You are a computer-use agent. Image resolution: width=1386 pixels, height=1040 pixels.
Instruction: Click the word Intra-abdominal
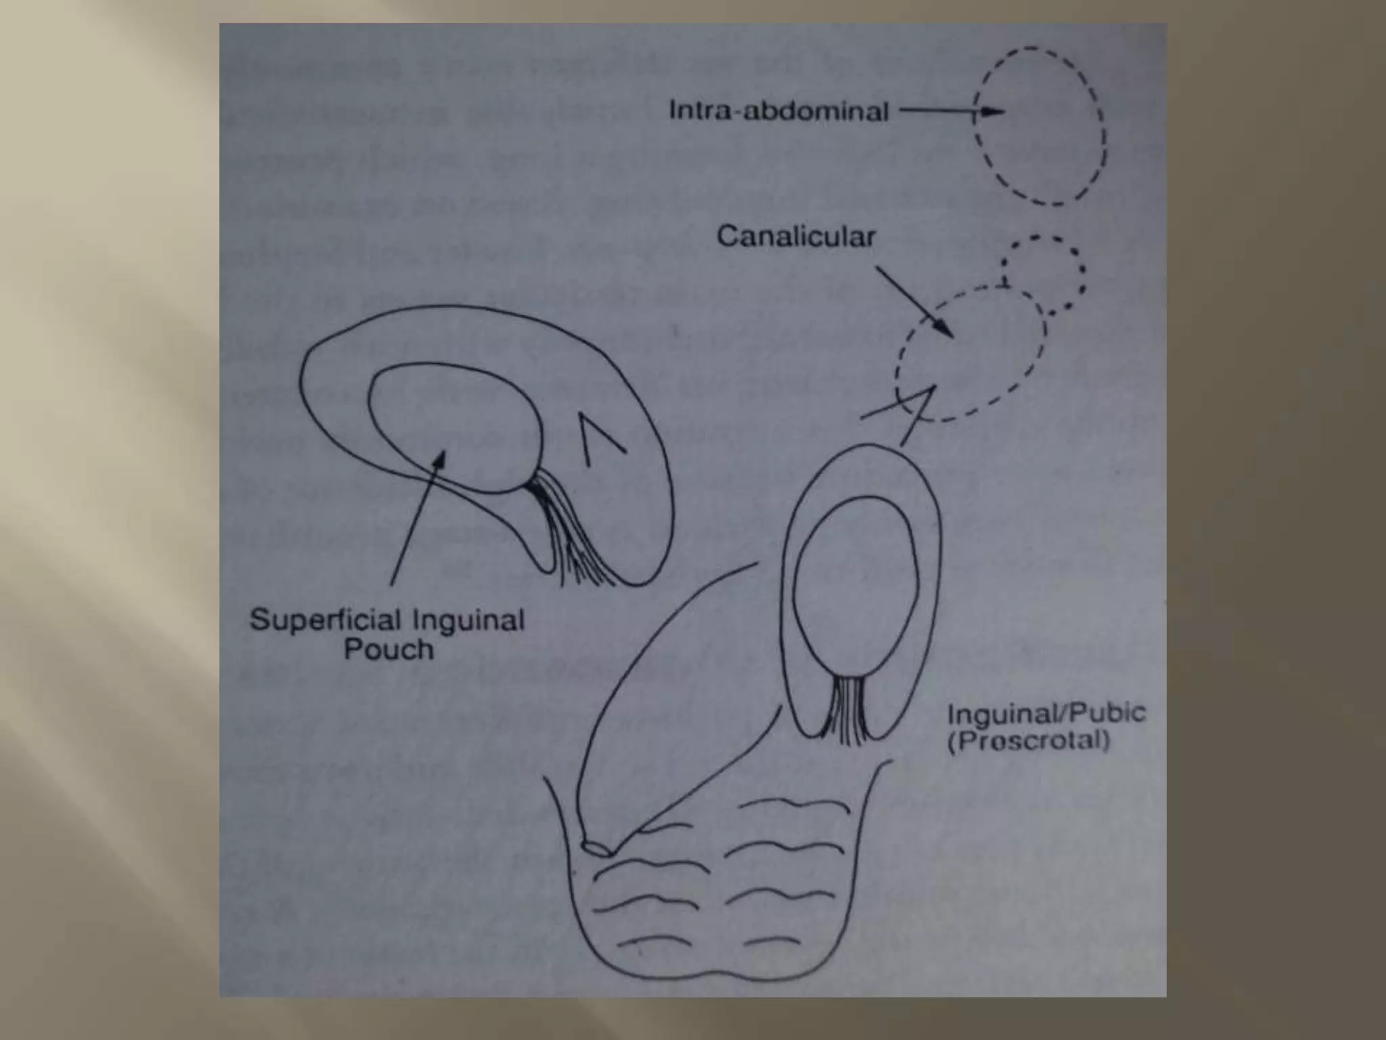pos(778,111)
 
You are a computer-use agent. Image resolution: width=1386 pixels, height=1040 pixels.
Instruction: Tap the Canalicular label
pos(796,237)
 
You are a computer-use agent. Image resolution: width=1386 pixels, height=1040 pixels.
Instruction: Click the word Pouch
pos(388,650)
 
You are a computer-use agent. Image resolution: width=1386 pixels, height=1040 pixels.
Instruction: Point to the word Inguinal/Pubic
pos(1046,714)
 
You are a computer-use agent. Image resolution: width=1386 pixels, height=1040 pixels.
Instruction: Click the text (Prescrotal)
pos(1029,740)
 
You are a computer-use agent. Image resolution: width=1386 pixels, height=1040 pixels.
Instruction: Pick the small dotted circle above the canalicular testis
pos(1042,267)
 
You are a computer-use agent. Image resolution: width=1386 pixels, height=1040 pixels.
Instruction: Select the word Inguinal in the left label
pos(468,620)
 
